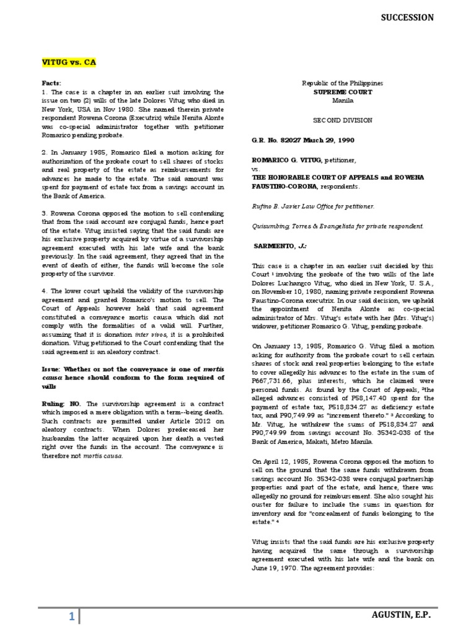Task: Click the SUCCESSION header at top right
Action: (x=407, y=18)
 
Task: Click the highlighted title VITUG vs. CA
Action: (x=69, y=63)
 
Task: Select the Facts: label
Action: (x=53, y=82)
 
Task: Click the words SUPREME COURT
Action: (x=342, y=91)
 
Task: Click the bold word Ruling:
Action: (x=55, y=403)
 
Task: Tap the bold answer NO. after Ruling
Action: (x=76, y=403)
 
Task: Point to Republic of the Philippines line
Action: (x=342, y=83)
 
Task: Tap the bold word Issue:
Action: (x=54, y=368)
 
